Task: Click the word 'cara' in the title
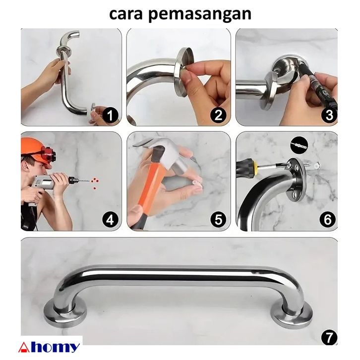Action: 126,14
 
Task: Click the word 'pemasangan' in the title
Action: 199,15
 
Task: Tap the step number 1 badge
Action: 110,115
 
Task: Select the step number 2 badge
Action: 218,115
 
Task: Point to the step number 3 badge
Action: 329,115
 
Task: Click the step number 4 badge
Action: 110,220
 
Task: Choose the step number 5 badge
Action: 218,220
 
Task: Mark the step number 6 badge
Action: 328,220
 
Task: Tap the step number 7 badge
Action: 329,338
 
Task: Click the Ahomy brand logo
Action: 49,347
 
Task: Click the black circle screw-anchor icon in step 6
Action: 299,145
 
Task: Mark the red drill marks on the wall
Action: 95,183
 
